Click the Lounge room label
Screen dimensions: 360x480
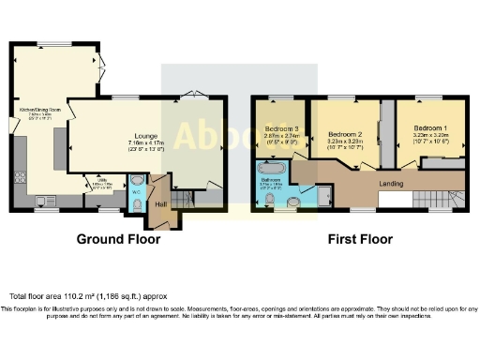pyautogui.click(x=143, y=136)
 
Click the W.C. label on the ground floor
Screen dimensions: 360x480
pyautogui.click(x=136, y=192)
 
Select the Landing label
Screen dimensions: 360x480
pyautogui.click(x=391, y=183)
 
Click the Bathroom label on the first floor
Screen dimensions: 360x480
pyautogui.click(x=271, y=180)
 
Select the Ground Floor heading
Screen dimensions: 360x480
pyautogui.click(x=117, y=239)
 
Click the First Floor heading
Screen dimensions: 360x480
pyautogui.click(x=359, y=239)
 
